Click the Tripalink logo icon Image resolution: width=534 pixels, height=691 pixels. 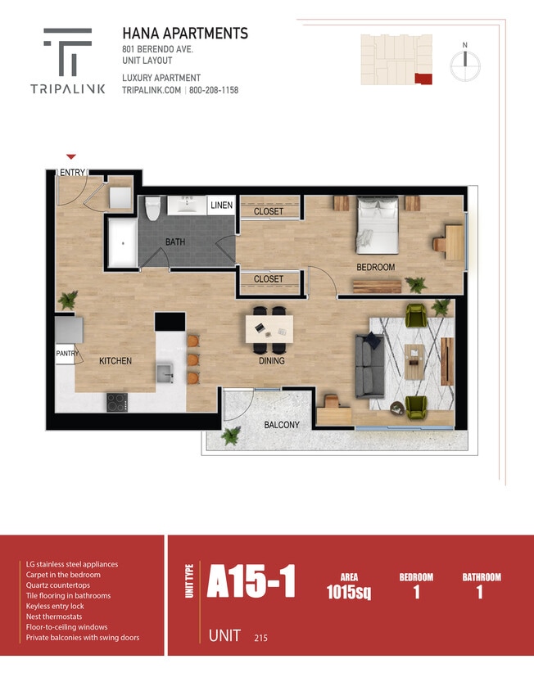pyautogui.click(x=67, y=51)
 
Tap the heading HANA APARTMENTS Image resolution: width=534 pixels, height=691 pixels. pyautogui.click(x=184, y=34)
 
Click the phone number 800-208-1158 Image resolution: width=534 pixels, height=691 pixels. pyautogui.click(x=214, y=90)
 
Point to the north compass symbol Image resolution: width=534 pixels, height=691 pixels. pyautogui.click(x=464, y=61)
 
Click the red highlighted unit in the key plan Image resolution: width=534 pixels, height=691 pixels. pyautogui.click(x=423, y=78)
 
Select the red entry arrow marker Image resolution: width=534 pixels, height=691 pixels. pyautogui.click(x=71, y=156)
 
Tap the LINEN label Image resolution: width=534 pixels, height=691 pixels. pyautogui.click(x=221, y=205)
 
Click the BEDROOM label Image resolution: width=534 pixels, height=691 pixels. pyautogui.click(x=375, y=268)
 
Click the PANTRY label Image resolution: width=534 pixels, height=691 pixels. pyautogui.click(x=66, y=354)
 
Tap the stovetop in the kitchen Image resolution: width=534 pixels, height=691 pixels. pyautogui.click(x=116, y=401)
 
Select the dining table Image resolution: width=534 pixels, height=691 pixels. pyautogui.click(x=269, y=328)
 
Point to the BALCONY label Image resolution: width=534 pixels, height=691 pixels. pyautogui.click(x=281, y=425)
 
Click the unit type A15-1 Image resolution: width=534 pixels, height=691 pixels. pyautogui.click(x=251, y=582)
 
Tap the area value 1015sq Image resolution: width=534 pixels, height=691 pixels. pyautogui.click(x=348, y=592)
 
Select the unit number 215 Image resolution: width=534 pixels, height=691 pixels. pyautogui.click(x=261, y=637)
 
